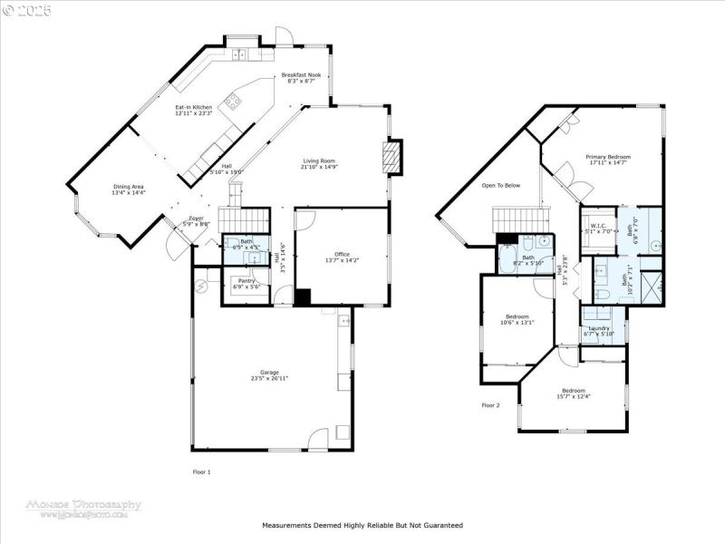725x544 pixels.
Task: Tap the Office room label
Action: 342,257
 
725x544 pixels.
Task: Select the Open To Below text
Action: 501,186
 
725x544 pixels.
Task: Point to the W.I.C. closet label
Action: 598,226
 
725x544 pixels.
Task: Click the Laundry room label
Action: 599,330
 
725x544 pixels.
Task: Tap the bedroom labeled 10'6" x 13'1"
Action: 517,318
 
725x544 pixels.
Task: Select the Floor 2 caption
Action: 490,404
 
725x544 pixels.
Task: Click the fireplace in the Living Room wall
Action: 391,157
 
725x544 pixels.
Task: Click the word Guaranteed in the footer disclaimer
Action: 440,525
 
